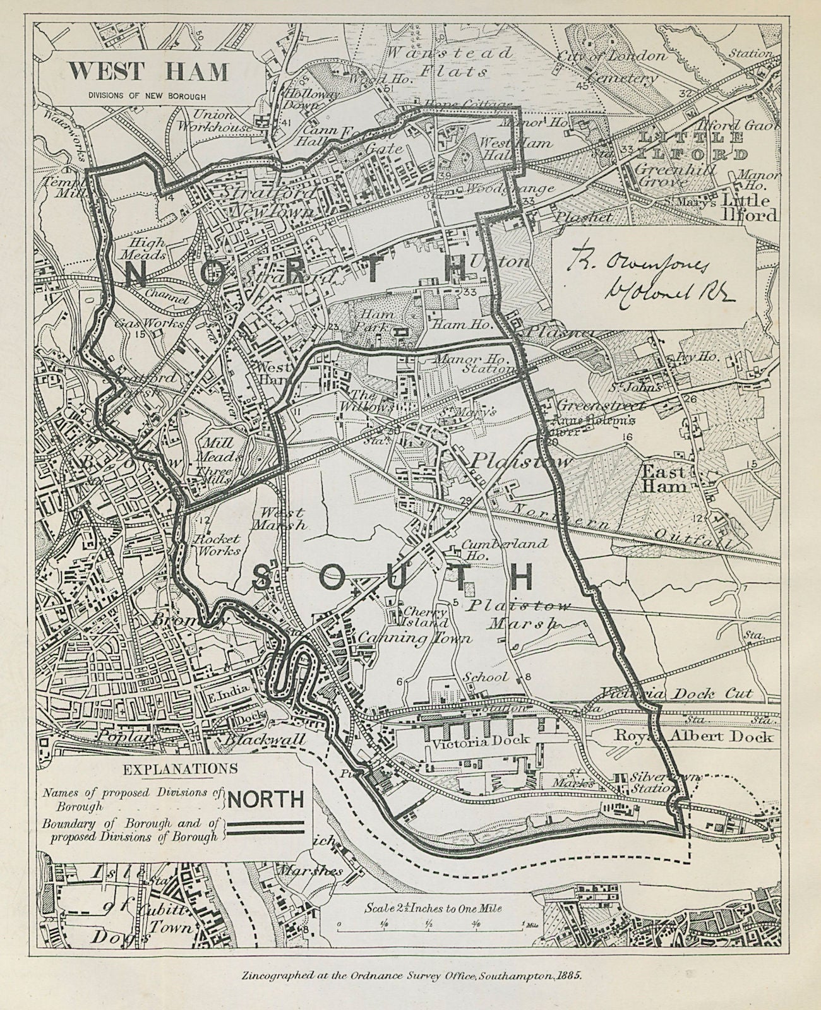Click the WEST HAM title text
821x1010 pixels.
pos(148,72)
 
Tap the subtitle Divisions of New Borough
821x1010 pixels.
pos(148,96)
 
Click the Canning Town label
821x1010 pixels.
pos(415,638)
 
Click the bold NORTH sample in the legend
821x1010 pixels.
pos(266,800)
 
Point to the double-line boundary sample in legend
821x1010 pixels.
pos(266,828)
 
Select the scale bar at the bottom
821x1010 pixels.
pos(430,927)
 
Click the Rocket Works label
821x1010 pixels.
pos(217,544)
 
